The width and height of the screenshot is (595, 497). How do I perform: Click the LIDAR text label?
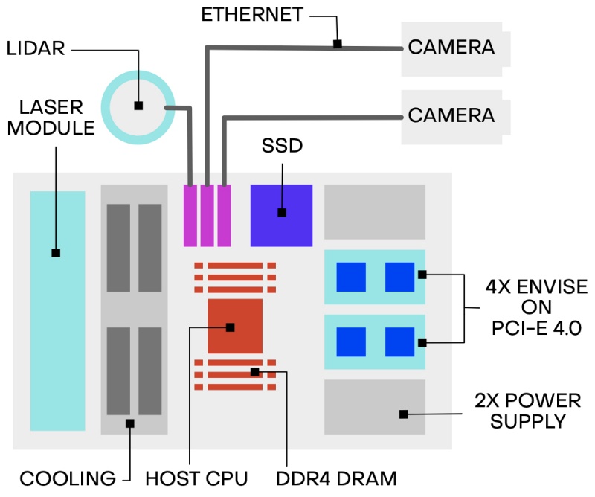click(x=35, y=49)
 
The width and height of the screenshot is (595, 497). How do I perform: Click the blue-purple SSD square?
click(x=281, y=214)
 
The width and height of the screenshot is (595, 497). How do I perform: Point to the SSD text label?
click(x=282, y=146)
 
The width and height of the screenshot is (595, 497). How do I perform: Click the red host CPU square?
click(x=234, y=326)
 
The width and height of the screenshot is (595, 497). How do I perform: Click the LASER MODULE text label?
click(x=51, y=117)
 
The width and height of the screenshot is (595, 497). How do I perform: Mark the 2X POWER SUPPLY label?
click(x=527, y=411)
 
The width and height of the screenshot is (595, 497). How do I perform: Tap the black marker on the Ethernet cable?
click(x=337, y=45)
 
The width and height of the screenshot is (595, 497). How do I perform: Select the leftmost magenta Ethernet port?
click(x=190, y=215)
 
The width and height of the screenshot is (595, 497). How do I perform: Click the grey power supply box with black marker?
click(x=374, y=407)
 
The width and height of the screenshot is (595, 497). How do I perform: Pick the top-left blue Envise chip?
click(x=351, y=277)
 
